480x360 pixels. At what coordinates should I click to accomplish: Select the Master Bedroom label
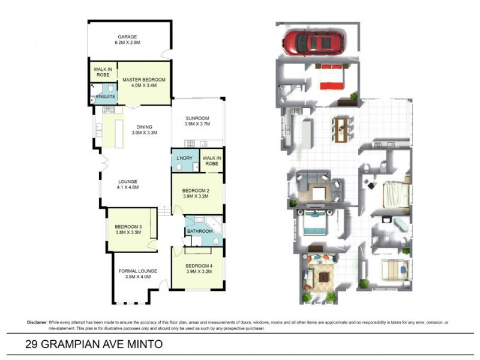143,82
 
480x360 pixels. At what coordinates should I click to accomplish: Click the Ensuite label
106,97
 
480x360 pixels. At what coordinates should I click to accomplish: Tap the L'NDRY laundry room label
184,157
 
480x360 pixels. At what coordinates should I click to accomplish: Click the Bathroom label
199,231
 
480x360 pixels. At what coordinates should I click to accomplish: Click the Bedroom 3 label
128,230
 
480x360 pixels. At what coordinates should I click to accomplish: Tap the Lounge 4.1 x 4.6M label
127,184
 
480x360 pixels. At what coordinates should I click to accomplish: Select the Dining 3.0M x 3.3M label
144,130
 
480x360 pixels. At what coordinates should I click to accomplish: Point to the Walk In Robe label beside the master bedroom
101,72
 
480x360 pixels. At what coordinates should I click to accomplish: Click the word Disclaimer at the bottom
37,322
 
